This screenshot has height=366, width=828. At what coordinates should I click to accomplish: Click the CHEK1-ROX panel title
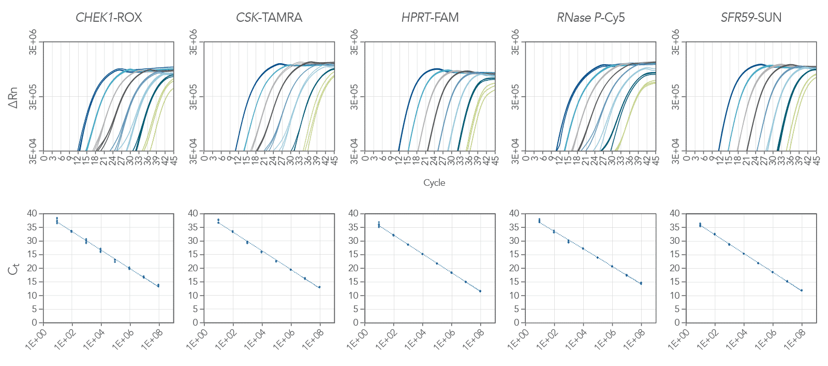click(109, 18)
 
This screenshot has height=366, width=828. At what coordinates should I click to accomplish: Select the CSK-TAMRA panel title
click(269, 18)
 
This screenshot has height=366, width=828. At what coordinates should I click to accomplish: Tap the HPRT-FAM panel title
click(430, 18)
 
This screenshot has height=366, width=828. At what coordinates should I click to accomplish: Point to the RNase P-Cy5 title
click(590, 18)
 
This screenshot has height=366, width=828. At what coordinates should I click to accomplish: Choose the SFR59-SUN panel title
click(751, 18)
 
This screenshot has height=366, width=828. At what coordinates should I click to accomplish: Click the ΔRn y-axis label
click(13, 97)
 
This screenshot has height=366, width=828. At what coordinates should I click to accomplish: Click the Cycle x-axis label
click(434, 183)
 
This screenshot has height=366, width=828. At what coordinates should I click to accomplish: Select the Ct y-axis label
click(13, 269)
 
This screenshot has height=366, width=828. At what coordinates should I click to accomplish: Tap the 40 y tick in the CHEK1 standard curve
click(32, 213)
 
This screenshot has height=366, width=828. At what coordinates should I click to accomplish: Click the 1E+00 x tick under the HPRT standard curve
click(357, 340)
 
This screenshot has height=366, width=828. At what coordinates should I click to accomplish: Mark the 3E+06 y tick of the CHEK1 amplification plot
click(33, 42)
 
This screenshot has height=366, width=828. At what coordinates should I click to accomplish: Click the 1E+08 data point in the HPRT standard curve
click(480, 291)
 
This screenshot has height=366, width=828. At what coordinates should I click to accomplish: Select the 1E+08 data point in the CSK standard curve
click(319, 287)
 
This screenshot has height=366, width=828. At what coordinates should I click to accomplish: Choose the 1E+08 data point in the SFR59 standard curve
click(802, 290)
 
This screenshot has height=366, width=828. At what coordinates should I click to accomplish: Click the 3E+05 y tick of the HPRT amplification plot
click(354, 97)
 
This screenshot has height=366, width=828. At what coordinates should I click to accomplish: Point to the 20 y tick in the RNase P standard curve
click(514, 268)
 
